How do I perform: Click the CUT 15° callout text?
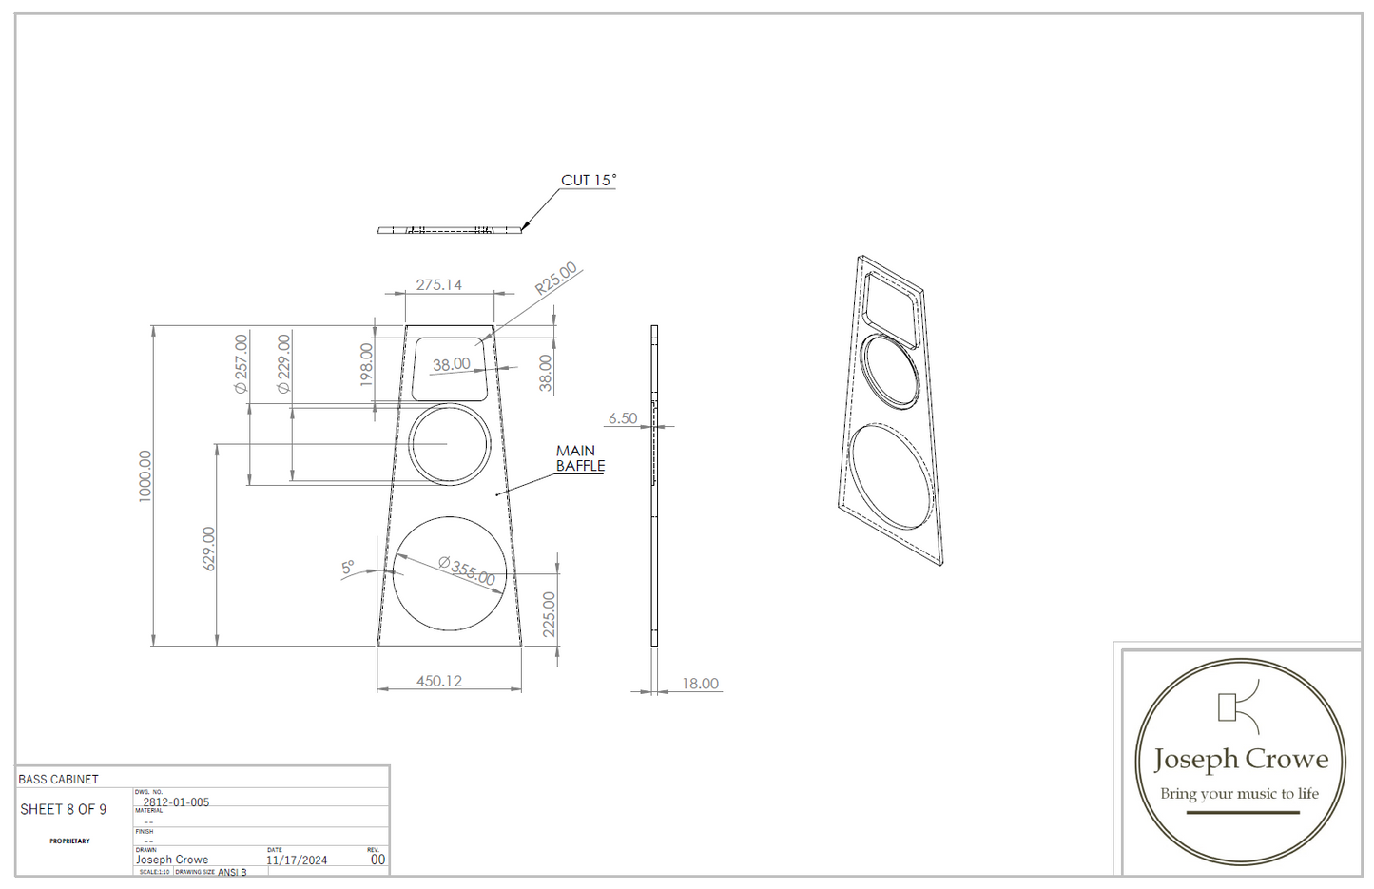[x=588, y=180]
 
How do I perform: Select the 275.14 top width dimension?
[x=438, y=284]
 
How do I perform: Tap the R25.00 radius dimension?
[x=556, y=278]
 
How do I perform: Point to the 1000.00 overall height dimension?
[x=145, y=475]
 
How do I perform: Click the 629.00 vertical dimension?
[x=209, y=549]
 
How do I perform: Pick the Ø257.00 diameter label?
[x=242, y=363]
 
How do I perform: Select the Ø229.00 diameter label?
[x=283, y=363]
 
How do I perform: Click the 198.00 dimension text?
[x=367, y=365]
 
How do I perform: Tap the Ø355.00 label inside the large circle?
[x=467, y=571]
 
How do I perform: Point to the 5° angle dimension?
[x=348, y=568]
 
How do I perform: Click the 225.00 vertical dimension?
[x=549, y=614]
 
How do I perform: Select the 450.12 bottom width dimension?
[x=438, y=681]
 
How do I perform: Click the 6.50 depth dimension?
[x=623, y=418]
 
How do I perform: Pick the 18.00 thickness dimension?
[x=700, y=684]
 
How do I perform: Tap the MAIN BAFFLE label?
[x=580, y=458]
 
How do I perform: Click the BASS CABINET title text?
[x=58, y=779]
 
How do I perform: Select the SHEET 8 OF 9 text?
[x=64, y=809]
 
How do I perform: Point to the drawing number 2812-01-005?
[x=176, y=802]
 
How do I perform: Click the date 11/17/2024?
[x=297, y=860]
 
